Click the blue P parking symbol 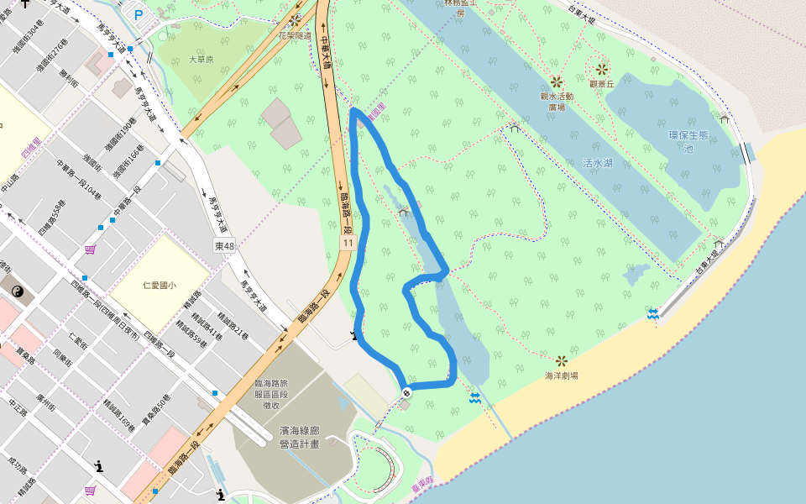[139, 14]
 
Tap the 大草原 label [201, 60]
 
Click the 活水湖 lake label [598, 163]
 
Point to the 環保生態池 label [688, 141]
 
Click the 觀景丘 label [602, 84]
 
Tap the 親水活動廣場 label [557, 101]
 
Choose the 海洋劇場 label [561, 375]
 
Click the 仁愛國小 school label [159, 286]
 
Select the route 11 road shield [347, 242]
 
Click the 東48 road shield [225, 246]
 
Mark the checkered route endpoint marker [406, 391]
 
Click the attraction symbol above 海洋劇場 [561, 360]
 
